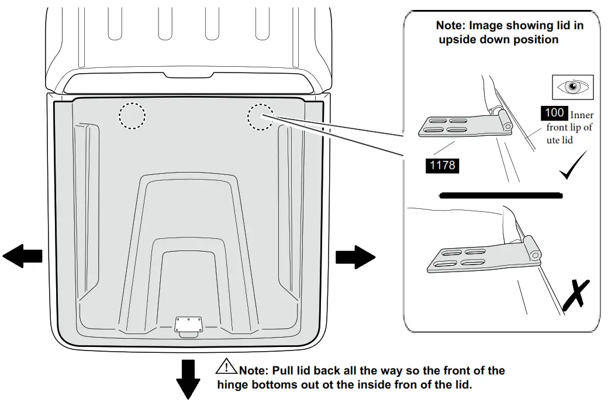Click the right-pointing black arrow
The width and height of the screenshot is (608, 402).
click(355, 256)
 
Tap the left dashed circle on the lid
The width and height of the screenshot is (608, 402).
click(132, 116)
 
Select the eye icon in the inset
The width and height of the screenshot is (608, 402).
click(573, 87)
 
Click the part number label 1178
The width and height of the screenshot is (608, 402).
click(443, 165)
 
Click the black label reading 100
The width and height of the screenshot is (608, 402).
click(554, 112)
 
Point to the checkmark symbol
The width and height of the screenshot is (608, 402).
click(574, 166)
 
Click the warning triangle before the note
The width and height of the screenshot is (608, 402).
click(225, 367)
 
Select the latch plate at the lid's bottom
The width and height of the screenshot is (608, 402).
click(189, 324)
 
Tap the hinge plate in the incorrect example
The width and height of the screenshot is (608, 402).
click(473, 257)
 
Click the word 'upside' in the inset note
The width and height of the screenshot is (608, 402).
click(459, 39)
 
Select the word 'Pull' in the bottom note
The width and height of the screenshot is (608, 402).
click(295, 370)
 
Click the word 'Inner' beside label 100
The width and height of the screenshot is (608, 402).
click(581, 115)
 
